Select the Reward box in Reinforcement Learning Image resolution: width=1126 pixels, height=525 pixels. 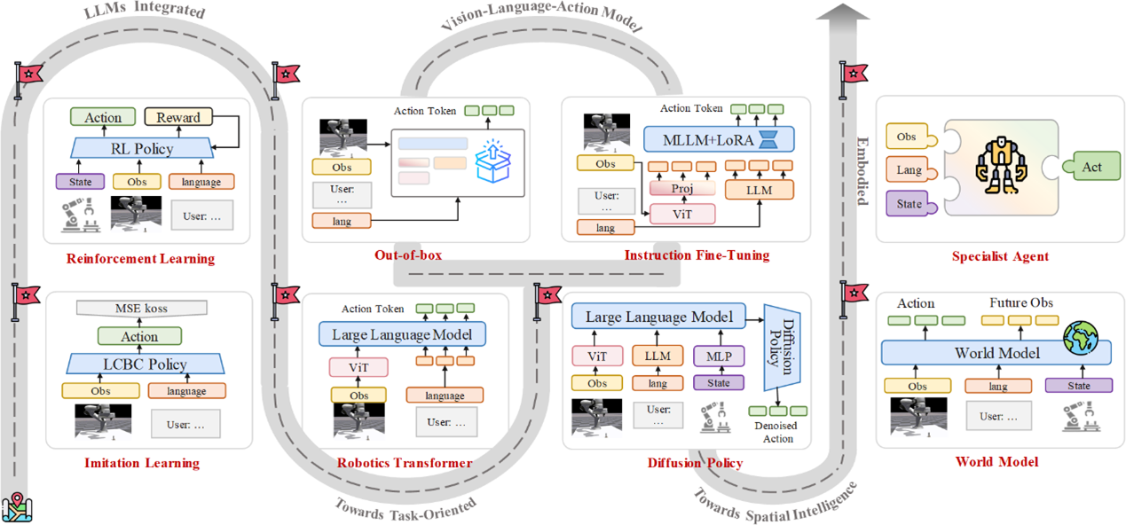pos(177,117)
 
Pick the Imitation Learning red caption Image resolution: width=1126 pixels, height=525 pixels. pos(142,463)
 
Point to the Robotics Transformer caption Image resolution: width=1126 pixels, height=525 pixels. pos(405,463)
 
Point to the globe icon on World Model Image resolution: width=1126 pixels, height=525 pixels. pos(1080,337)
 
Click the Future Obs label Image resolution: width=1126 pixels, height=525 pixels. pos(1021,303)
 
